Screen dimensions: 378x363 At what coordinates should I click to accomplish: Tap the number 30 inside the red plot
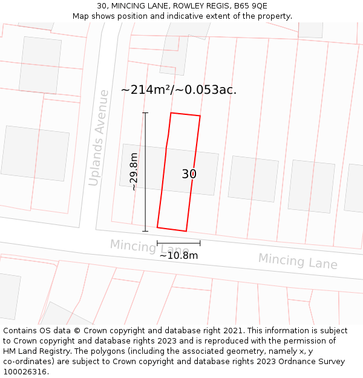189,174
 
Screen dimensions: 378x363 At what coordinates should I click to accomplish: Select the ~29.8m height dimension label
134,172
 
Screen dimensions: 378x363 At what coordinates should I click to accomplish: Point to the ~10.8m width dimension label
178,255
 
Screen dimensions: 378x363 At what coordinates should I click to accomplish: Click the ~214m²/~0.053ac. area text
178,90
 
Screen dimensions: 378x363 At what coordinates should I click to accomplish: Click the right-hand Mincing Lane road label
298,261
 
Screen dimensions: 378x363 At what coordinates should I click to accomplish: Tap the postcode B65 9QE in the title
250,6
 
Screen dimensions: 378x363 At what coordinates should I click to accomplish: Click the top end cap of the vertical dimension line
145,113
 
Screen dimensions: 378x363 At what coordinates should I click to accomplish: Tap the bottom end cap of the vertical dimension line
145,231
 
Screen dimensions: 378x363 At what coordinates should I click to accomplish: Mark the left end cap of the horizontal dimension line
157,243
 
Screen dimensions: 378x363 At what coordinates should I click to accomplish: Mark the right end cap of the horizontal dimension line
200,243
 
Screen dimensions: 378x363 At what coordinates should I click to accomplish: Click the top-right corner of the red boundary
200,116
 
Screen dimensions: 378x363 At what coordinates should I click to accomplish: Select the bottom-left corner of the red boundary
157,227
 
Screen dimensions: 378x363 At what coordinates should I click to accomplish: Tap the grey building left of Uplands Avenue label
34,154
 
